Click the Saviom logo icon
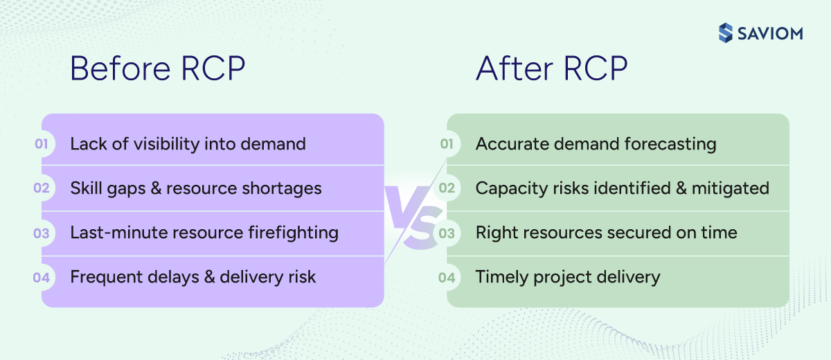coord(725,33)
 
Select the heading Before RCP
coord(158,70)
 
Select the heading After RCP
coord(551,70)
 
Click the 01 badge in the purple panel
coord(42,144)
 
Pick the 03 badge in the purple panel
coord(42,233)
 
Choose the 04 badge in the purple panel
coord(42,278)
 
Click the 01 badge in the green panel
coord(447,144)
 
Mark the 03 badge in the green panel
coord(447,233)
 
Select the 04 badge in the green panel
coord(447,278)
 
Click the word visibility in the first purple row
coord(161,144)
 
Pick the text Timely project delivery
coord(568,278)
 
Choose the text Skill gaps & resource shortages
coord(196,188)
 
